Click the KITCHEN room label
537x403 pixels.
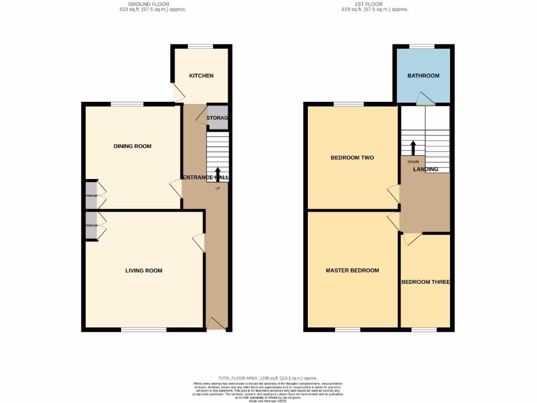201,76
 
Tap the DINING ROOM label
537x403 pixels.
132,146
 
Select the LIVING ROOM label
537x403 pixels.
144,271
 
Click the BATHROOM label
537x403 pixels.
423,76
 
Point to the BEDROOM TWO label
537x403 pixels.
352,157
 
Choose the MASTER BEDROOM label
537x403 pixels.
352,270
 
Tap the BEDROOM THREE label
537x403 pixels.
425,282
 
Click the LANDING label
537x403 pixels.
425,169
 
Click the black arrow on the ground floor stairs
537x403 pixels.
218,174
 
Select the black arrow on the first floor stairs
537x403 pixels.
413,147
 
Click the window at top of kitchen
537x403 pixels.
201,46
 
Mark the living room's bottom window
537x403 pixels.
144,330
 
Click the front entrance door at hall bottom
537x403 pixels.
216,324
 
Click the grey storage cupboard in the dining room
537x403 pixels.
91,195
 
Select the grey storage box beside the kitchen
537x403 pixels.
217,118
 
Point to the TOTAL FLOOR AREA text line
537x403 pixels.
267,378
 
